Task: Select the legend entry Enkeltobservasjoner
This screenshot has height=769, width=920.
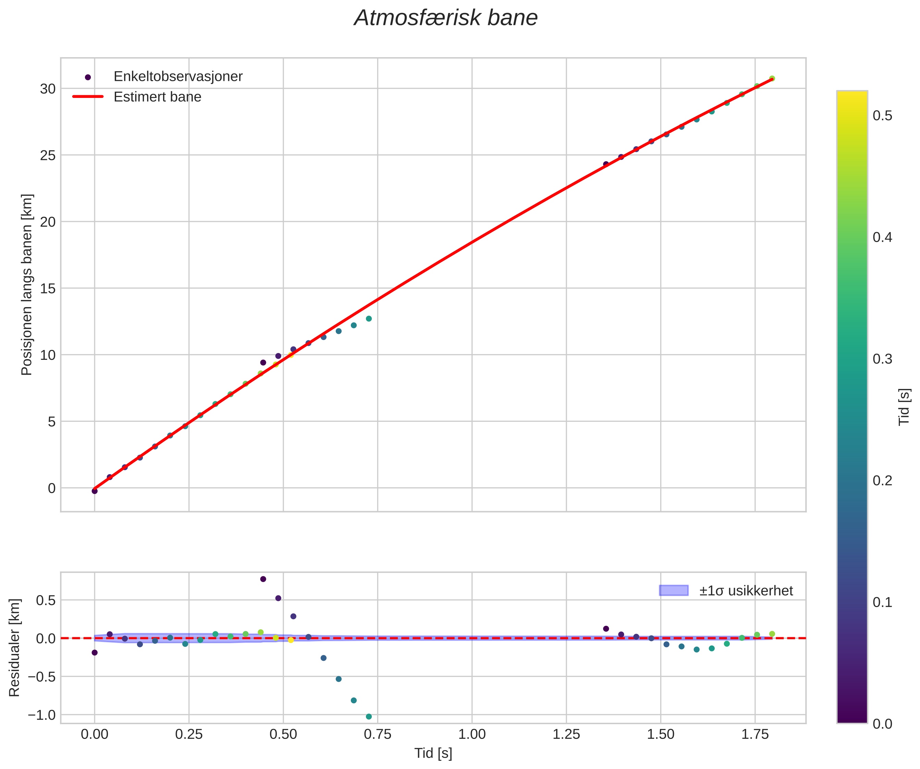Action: [x=177, y=77]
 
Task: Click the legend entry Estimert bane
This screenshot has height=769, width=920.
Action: [x=157, y=97]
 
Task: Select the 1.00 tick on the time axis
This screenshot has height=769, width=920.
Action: [x=472, y=734]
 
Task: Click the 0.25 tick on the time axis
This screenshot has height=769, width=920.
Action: [x=189, y=734]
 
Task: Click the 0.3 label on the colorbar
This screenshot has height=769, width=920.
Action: [x=882, y=359]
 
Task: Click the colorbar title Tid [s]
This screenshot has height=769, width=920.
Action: [x=904, y=407]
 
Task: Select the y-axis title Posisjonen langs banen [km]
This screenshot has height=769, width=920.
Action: [x=27, y=285]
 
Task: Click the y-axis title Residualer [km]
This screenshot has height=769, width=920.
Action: [x=14, y=648]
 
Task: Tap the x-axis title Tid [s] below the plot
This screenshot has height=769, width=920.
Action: [x=433, y=753]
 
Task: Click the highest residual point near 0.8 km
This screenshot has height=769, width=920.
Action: [x=263, y=579]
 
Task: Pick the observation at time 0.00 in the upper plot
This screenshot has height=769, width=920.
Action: [x=95, y=491]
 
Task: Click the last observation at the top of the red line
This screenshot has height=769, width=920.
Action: [x=772, y=78]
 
